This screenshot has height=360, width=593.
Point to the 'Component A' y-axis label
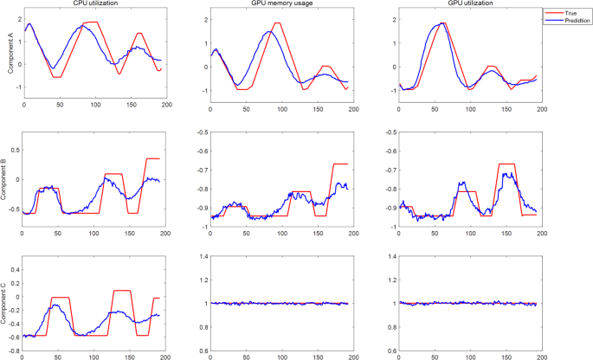tap(7, 55)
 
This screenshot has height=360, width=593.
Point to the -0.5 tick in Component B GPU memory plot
tap(198, 132)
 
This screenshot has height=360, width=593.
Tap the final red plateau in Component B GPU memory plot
tap(340, 164)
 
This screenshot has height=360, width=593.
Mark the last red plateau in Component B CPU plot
tap(152, 158)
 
